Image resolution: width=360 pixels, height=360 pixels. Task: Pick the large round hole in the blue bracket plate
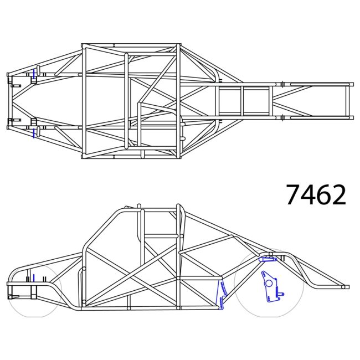[269, 283]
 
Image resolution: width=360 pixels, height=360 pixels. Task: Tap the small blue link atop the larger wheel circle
[268, 258]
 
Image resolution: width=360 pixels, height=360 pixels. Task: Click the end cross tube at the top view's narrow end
[349, 100]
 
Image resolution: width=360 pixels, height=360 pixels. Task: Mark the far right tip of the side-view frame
[347, 287]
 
